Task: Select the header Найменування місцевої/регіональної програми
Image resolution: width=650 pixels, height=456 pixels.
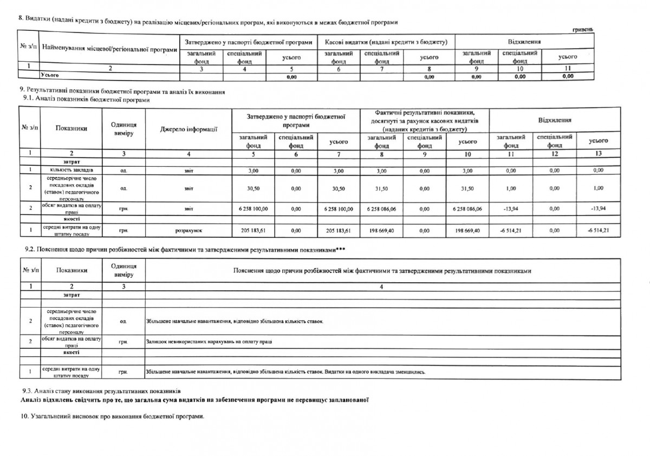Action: point(109,50)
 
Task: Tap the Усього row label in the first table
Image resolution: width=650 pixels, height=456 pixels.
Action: point(49,76)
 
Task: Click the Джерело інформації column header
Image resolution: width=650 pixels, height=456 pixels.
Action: point(189,129)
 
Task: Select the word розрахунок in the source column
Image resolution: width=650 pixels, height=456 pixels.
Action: point(189,230)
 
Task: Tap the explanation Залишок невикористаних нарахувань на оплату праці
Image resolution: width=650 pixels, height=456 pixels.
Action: point(209,342)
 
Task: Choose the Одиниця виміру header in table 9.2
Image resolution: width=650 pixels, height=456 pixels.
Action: point(123,270)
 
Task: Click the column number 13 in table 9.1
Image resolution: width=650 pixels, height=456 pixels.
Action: point(597,153)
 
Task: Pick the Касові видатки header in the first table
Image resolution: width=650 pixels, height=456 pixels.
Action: point(386,42)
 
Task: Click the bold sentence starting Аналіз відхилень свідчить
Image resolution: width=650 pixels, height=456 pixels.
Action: point(194,400)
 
